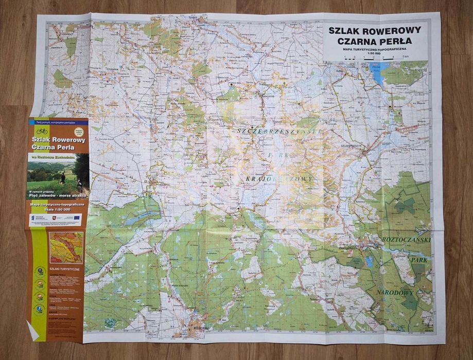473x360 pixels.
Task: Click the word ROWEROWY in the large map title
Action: (396, 30)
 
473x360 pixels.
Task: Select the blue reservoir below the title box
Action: (380, 73)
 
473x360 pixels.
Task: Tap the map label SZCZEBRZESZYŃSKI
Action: (278, 132)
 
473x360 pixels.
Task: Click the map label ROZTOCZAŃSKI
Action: (407, 240)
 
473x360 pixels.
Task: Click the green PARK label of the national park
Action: (418, 261)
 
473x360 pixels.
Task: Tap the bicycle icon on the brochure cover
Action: (42, 131)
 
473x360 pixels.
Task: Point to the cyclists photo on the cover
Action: (58, 175)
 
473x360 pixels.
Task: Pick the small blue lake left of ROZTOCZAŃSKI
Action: (369, 261)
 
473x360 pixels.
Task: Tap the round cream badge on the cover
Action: (79, 132)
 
